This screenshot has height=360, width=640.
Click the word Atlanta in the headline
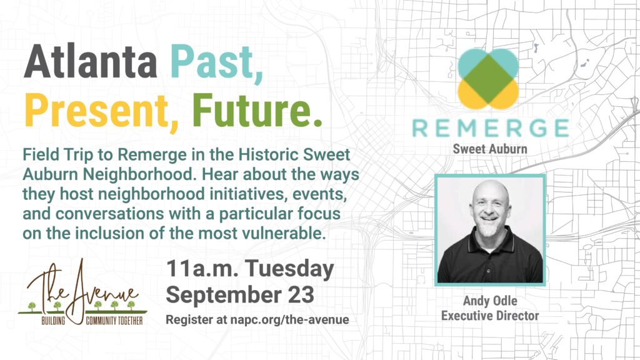click(91, 61)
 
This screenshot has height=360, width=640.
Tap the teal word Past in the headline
click(216, 62)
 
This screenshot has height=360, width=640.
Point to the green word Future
click(257, 110)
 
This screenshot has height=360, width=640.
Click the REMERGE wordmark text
click(490, 128)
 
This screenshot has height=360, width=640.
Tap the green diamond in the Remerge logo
click(488, 79)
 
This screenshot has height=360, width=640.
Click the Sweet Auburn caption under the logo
click(490, 149)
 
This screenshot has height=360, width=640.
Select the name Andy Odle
click(490, 301)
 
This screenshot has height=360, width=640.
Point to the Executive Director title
click(490, 316)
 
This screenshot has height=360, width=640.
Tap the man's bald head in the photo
click(490, 191)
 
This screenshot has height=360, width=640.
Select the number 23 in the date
click(301, 295)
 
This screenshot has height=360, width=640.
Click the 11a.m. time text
click(202, 269)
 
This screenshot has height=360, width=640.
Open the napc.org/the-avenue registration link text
click(289, 319)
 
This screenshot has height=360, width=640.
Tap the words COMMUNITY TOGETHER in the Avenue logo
click(114, 321)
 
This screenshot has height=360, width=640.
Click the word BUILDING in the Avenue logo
click(53, 321)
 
